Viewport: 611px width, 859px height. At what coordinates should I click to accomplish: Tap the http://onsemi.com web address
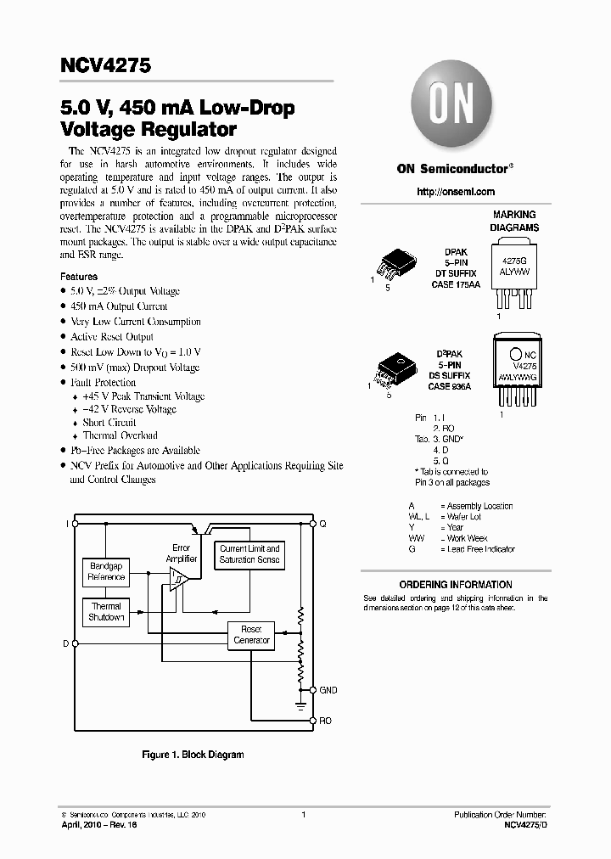[x=456, y=192]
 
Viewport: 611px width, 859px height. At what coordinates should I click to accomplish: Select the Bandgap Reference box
[x=106, y=572]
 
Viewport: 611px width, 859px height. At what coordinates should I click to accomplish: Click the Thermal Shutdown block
[x=106, y=611]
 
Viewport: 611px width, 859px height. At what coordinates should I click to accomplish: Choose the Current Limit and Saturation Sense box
[x=249, y=554]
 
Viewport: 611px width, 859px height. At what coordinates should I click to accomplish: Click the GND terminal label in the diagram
[x=328, y=690]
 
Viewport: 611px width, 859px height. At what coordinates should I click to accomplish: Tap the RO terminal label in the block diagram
[x=325, y=721]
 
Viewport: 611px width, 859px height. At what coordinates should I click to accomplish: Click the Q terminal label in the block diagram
[x=322, y=524]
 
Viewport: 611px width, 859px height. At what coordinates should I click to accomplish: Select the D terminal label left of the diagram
[x=65, y=644]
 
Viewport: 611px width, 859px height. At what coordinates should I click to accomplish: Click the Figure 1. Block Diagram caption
[x=193, y=755]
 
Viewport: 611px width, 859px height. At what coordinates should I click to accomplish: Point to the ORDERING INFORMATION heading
[x=456, y=585]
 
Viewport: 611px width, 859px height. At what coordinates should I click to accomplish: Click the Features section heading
[x=79, y=277]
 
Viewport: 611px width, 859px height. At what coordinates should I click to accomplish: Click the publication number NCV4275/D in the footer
[x=526, y=824]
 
